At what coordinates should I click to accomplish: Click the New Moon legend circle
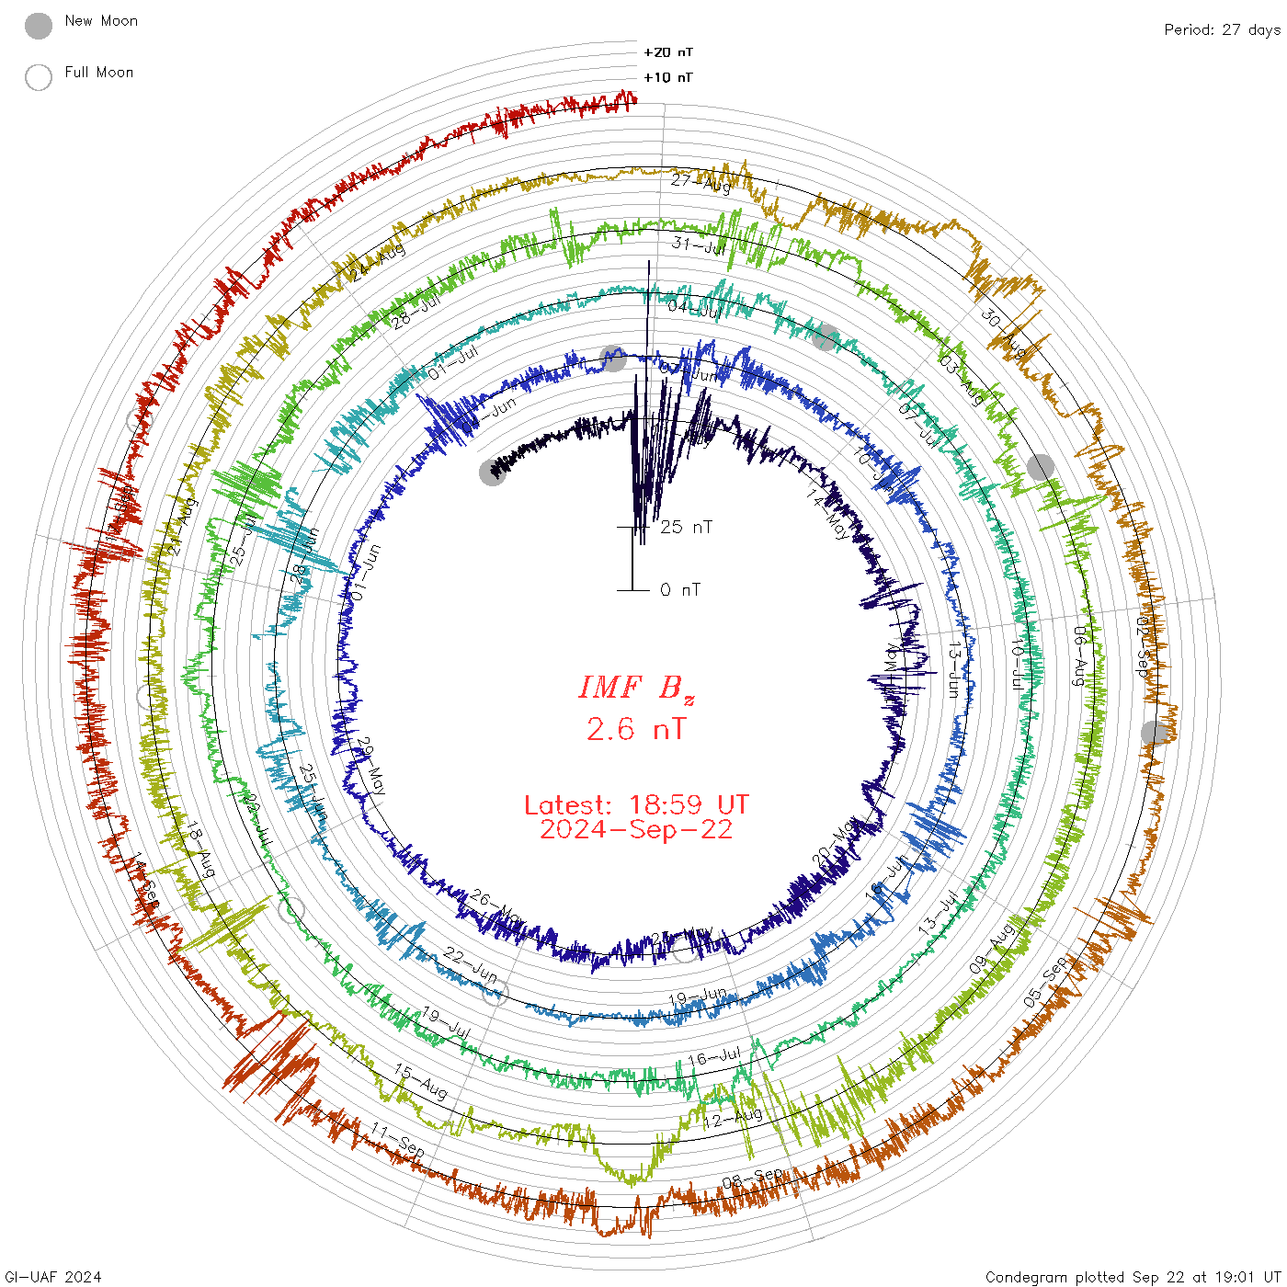[39, 26]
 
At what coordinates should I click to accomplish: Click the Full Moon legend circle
[39, 77]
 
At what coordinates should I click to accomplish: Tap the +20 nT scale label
[668, 52]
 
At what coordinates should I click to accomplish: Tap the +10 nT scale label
[668, 77]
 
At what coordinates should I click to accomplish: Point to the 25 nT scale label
[686, 527]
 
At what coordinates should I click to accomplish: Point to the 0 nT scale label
[680, 589]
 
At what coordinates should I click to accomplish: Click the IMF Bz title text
[636, 688]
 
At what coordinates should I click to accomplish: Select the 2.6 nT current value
[636, 730]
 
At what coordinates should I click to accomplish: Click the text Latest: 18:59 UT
[636, 805]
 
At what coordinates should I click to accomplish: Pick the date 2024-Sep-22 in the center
[636, 829]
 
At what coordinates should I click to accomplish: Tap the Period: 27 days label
[1222, 29]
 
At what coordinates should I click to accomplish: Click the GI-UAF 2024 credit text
[53, 1276]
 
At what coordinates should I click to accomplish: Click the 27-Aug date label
[700, 182]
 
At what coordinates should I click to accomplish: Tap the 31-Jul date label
[699, 245]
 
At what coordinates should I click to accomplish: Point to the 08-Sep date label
[753, 1179]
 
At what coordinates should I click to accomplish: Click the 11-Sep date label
[398, 1140]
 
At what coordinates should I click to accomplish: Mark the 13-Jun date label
[954, 669]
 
